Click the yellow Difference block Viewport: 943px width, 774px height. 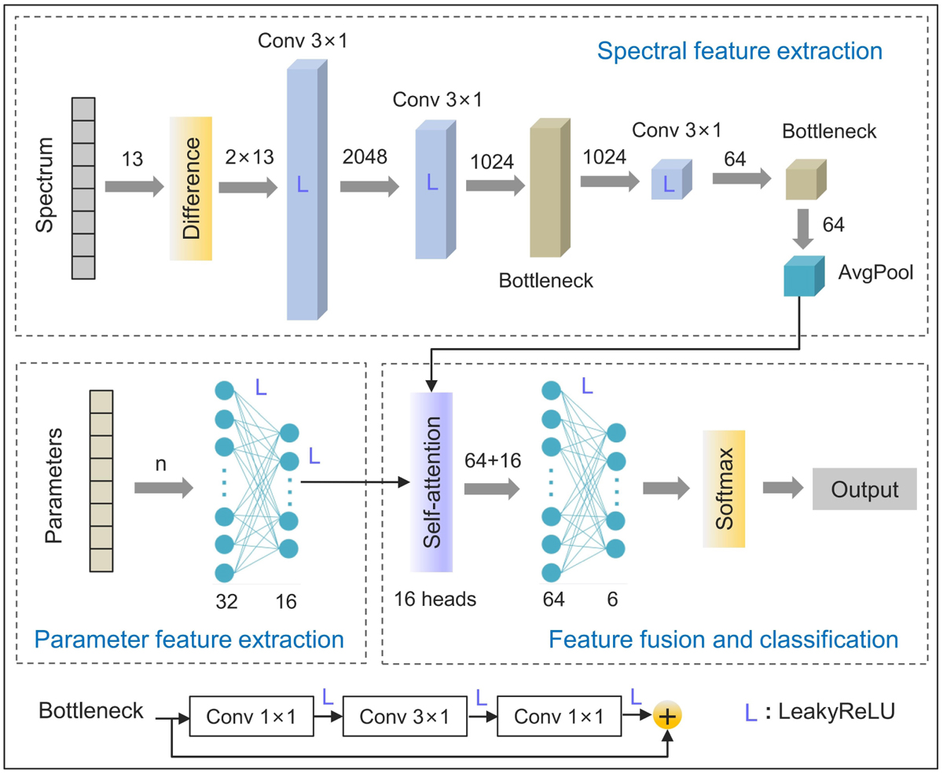click(191, 189)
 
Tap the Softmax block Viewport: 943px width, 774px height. click(723, 488)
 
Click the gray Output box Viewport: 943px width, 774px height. click(864, 489)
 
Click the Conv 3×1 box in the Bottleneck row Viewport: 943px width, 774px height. click(404, 716)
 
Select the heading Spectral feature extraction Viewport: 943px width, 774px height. click(739, 52)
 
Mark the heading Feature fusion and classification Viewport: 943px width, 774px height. click(723, 638)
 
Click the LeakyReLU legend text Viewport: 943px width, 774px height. click(845, 711)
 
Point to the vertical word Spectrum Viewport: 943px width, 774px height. click(46, 188)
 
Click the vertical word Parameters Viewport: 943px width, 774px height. click(53, 487)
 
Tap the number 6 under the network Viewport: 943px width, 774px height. click(612, 600)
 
